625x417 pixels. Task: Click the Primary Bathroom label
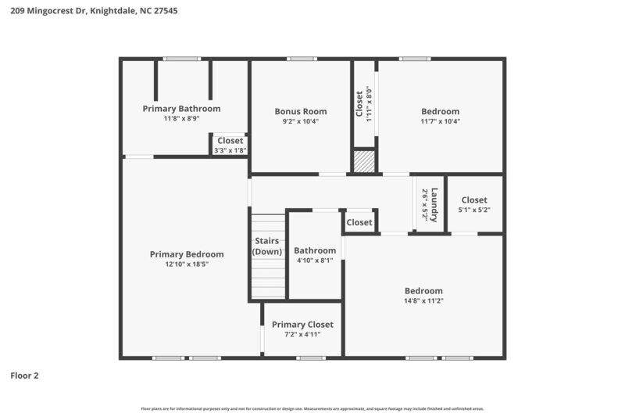[181, 109]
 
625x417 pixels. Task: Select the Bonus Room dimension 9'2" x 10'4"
[300, 121]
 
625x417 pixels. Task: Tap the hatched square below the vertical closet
[363, 162]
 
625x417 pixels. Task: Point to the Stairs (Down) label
[267, 246]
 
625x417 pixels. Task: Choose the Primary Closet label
[302, 325]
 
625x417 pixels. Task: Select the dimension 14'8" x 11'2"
[423, 300]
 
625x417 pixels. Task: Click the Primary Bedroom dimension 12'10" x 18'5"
[187, 264]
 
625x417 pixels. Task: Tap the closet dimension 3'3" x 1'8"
[230, 149]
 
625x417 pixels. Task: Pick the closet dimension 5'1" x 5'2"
[473, 210]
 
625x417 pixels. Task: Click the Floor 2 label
[24, 376]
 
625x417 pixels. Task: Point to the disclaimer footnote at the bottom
[312, 408]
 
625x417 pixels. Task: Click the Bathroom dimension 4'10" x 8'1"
[315, 261]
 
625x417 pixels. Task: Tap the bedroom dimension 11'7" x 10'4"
[441, 121]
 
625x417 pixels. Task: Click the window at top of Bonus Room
[301, 59]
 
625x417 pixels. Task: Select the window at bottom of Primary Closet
[310, 358]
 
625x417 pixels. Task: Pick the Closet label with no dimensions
[359, 223]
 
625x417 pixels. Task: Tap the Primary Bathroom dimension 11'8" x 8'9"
[181, 119]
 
